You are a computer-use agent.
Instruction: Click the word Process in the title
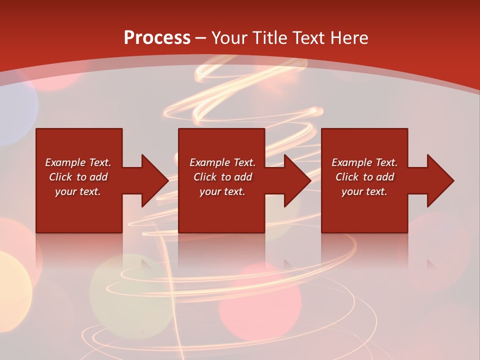pos(157,38)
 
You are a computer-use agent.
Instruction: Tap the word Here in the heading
pos(348,38)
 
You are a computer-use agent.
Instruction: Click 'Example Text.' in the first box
pos(78,162)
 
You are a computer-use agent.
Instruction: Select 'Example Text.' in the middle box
pos(222,162)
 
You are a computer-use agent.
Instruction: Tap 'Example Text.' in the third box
pos(364,162)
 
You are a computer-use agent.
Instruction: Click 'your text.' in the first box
pos(78,191)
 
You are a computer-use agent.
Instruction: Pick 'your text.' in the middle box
pos(222,191)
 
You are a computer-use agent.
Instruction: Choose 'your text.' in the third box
pos(364,191)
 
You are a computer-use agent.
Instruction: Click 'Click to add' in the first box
pos(78,177)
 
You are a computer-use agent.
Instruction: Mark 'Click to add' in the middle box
pos(222,177)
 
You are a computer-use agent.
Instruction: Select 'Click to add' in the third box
pos(364,177)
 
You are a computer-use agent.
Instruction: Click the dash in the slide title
pos(201,38)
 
